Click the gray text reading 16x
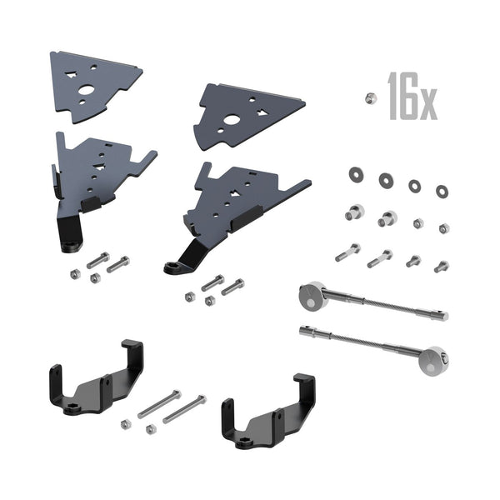[x=412, y=98]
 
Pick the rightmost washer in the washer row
[x=442, y=191]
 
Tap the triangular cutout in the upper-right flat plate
[x=262, y=112]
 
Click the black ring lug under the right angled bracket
[x=173, y=267]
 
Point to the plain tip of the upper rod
[x=440, y=316]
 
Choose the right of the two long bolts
[x=184, y=409]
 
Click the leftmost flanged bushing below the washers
[x=354, y=212]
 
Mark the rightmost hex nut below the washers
[x=443, y=228]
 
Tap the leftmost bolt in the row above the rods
[x=348, y=252]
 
